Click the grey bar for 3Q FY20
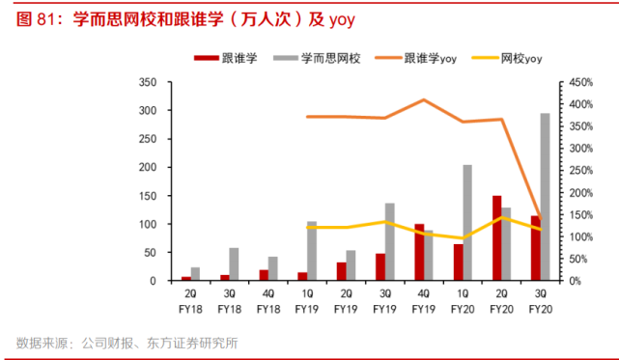click(545, 197)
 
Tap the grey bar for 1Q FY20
click(467, 223)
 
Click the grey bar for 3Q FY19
click(390, 242)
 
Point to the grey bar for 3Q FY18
click(235, 264)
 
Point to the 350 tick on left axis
click(148, 83)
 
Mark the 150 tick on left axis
click(148, 196)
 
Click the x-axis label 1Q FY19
click(307, 301)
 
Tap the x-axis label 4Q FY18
click(268, 301)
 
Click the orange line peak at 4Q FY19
click(424, 99)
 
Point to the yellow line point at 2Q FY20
click(501, 217)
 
